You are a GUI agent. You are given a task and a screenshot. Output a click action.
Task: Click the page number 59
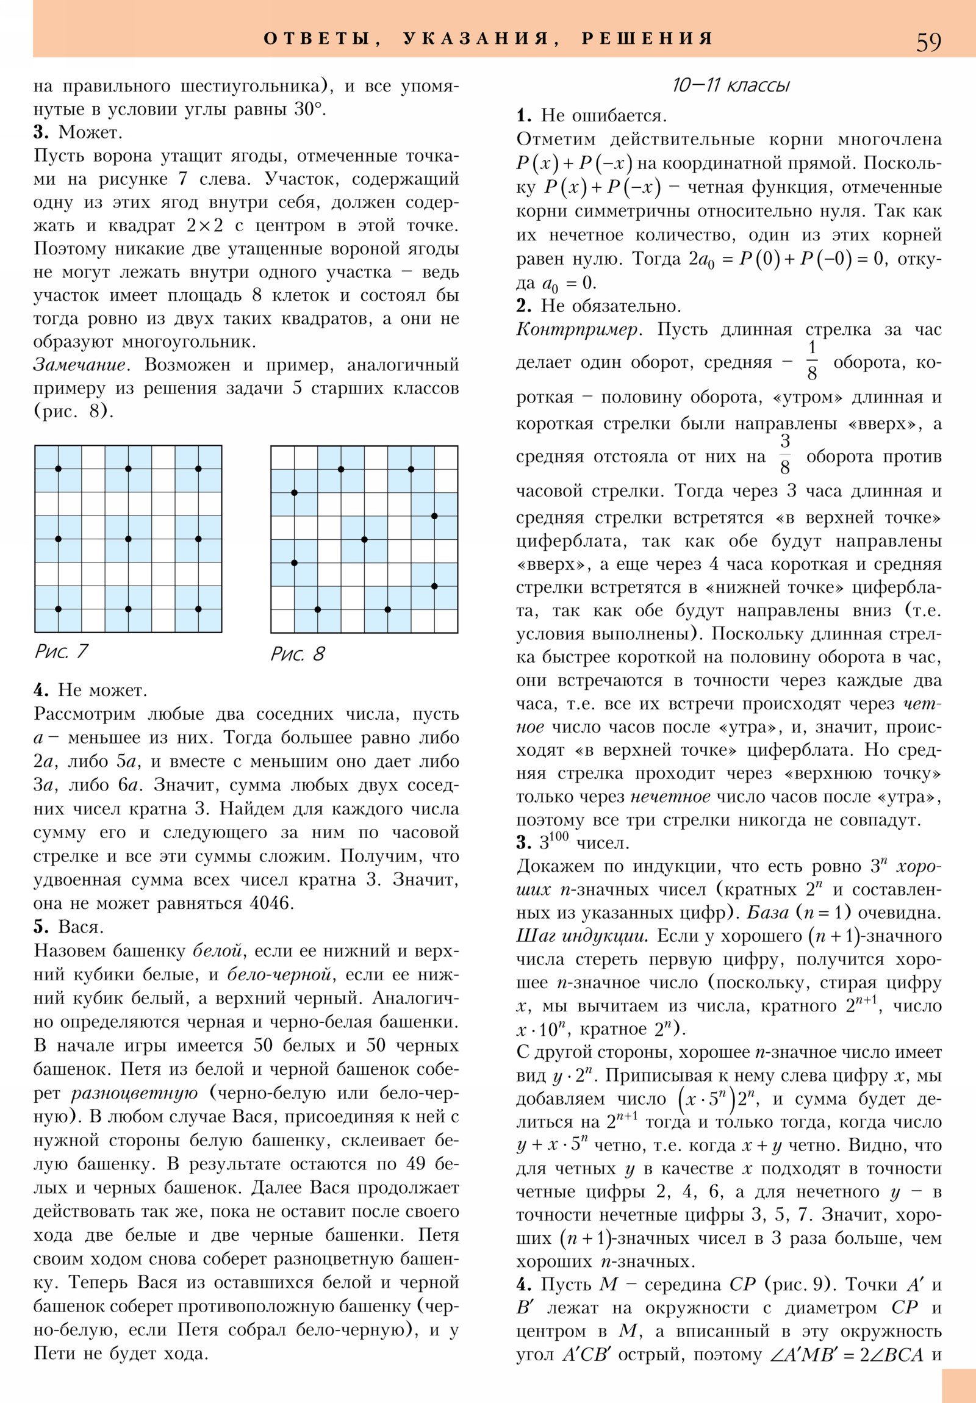928,41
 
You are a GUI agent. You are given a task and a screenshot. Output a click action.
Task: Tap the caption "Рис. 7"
61,651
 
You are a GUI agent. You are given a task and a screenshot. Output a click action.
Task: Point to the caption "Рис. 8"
298,654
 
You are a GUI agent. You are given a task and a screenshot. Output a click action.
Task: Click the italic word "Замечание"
79,365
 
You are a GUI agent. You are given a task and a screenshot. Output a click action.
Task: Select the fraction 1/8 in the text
811,360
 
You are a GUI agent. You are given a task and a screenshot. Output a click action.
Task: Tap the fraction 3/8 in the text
785,454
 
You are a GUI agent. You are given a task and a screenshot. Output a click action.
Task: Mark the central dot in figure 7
128,539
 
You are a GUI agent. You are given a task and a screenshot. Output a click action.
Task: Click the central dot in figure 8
364,540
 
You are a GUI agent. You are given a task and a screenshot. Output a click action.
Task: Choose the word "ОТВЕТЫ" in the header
317,38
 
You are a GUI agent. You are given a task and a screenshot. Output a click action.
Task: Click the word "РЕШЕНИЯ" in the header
647,38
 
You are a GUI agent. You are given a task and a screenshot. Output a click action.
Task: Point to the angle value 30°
309,109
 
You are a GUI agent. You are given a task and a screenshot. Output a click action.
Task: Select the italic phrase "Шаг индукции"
581,936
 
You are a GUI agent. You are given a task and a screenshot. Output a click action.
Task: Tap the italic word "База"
767,913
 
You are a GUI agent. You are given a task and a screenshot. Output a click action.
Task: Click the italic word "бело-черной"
280,974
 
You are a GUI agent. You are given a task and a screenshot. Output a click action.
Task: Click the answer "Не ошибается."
604,115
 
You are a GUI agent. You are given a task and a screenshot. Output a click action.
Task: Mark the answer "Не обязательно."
611,306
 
